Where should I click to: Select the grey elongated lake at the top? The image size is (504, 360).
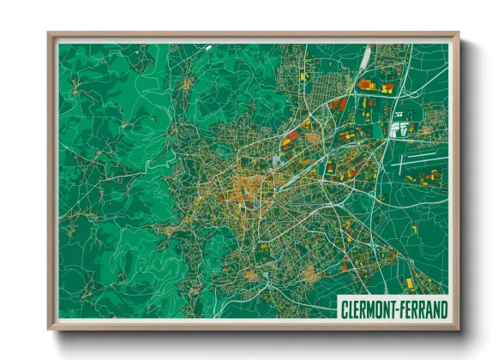[x=367, y=58]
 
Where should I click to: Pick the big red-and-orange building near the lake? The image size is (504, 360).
[x=366, y=84]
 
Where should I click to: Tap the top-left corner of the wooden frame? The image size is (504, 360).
[x=50, y=35]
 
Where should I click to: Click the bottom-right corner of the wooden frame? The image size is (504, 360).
[x=457, y=327]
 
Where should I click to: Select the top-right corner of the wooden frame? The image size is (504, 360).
[x=457, y=35]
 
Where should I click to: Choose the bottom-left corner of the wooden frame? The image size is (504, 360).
[x=50, y=327]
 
